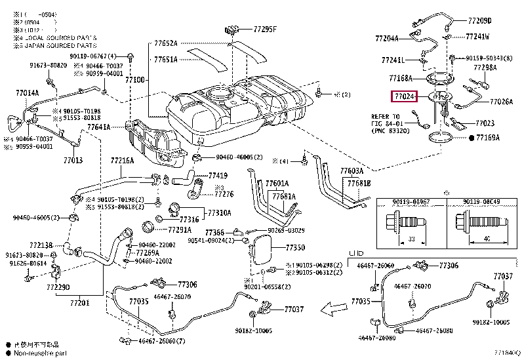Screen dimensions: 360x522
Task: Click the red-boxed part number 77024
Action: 405,97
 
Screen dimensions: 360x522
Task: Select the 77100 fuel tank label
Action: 134,79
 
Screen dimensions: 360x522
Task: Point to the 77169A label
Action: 487,138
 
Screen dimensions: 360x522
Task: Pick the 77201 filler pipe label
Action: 79,302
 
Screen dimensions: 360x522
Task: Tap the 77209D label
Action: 483,21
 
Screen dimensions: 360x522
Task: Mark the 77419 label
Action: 218,176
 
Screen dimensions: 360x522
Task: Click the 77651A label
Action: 166,59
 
